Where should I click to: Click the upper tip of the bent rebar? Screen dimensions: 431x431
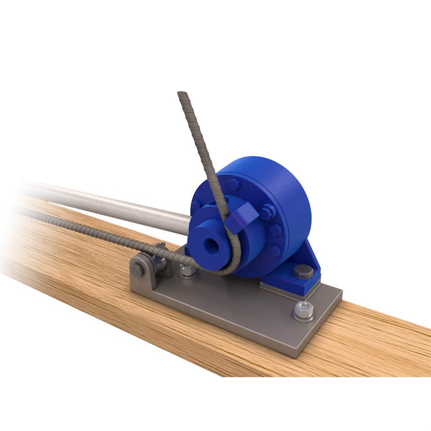pyautogui.click(x=181, y=94)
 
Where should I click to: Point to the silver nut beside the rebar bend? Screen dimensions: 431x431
pyautogui.click(x=188, y=271)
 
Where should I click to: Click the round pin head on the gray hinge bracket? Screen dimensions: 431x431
pyautogui.click(x=137, y=270)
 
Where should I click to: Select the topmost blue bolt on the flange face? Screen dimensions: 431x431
pyautogui.click(x=233, y=184)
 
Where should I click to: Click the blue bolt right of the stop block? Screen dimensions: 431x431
pyautogui.click(x=267, y=211)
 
